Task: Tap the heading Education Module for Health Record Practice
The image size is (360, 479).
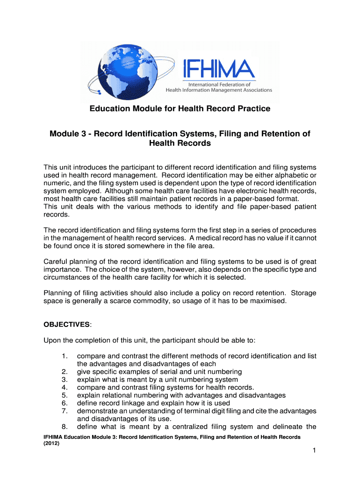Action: point(180,109)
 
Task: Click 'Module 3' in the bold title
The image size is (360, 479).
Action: point(68,134)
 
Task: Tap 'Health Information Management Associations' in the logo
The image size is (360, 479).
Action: point(219,90)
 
